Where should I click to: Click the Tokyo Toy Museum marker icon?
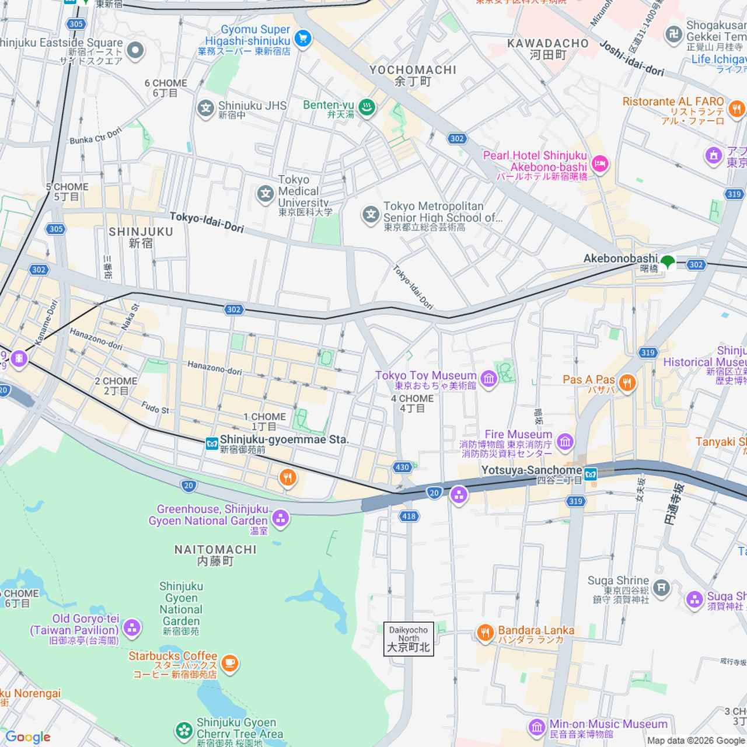point(489,379)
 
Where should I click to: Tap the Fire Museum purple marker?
point(564,442)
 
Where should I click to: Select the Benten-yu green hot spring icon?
point(366,108)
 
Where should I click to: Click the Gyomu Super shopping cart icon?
point(302,39)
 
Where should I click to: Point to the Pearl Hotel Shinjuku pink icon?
point(599,165)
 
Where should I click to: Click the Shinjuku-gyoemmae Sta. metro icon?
point(212,444)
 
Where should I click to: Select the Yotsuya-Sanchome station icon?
point(591,473)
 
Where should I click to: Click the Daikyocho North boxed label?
point(409,639)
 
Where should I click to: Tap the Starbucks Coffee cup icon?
point(230,664)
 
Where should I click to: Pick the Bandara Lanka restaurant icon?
point(485,633)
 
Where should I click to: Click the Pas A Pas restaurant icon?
point(627,383)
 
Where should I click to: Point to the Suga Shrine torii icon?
point(661,588)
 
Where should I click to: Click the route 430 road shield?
point(402,467)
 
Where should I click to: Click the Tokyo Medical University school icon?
point(266,194)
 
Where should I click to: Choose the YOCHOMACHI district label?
point(413,70)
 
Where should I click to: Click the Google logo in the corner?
point(27,737)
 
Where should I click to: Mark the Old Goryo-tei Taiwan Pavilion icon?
point(132,629)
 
